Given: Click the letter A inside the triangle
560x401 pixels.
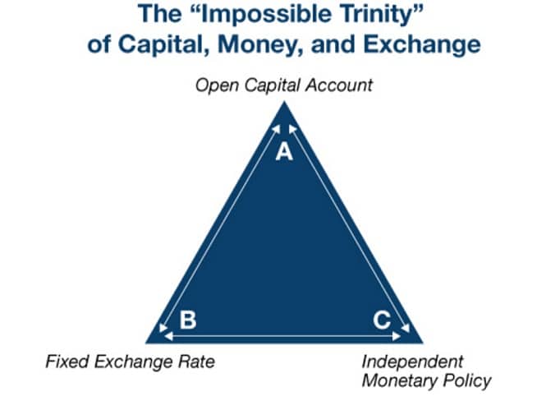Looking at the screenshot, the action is coord(284,151).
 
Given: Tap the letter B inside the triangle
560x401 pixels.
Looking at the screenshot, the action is coord(188,320).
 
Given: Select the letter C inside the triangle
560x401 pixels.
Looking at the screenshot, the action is coord(382,320).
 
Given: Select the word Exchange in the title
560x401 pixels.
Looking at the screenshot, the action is coord(422,45).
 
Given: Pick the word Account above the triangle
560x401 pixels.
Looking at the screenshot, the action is coord(339,85).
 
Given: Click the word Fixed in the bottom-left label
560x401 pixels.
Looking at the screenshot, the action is coord(67,362).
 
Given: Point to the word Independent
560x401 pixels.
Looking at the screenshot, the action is coord(412,362).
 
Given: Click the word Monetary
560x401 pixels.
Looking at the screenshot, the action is coord(400,380).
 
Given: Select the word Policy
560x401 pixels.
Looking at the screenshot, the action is coord(467,381).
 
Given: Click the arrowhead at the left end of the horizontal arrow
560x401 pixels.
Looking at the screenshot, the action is coord(168,336).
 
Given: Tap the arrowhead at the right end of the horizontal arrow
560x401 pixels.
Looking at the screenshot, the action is coord(397,336).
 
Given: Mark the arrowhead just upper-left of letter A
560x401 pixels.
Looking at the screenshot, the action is coord(277,129).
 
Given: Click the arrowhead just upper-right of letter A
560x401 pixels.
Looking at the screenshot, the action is coord(292,129).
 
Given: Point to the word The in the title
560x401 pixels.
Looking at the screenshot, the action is coord(159,15).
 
